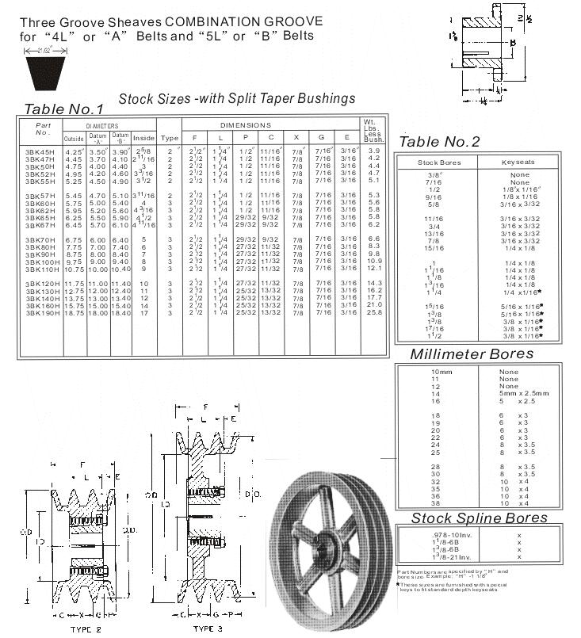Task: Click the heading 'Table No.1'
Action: pos(63,109)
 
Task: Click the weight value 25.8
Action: pos(374,312)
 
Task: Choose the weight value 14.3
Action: pos(374,284)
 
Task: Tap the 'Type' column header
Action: pos(169,137)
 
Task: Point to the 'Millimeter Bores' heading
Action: pos(472,354)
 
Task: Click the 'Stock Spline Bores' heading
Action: pos(479,518)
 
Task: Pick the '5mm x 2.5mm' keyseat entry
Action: pos(523,393)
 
